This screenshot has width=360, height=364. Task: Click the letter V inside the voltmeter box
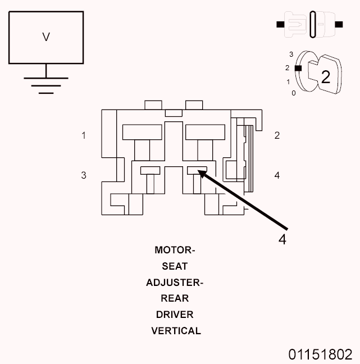(46, 37)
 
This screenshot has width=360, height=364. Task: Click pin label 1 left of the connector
(84, 135)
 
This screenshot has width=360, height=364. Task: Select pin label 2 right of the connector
(277, 135)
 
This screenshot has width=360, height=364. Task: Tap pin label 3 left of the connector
(84, 175)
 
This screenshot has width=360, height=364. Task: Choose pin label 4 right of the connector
(277, 175)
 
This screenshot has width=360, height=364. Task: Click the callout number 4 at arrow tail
(282, 239)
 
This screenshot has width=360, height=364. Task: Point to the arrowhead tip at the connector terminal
(199, 172)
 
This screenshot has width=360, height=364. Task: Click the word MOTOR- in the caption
(175, 250)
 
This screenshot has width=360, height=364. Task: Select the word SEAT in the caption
(175, 266)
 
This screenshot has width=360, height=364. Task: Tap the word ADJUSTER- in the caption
(175, 283)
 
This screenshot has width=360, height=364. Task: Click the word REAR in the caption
(175, 299)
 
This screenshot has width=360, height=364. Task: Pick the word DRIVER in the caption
(175, 315)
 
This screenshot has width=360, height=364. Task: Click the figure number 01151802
(321, 354)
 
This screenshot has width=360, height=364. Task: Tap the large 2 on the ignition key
(325, 77)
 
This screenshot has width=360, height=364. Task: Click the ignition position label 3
(291, 54)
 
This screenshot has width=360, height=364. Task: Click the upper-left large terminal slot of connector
(142, 132)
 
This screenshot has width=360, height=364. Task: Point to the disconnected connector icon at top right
(310, 25)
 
